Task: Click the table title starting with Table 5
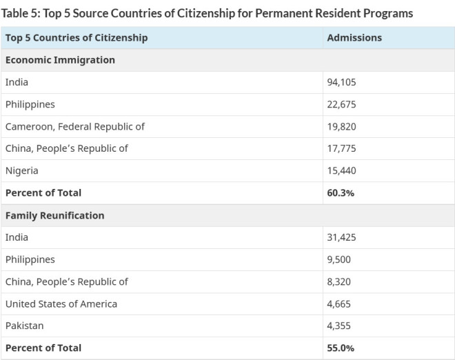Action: pyautogui.click(x=207, y=13)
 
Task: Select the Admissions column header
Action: pyautogui.click(x=354, y=38)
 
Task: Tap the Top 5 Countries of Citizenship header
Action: pyautogui.click(x=77, y=38)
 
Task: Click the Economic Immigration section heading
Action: pyautogui.click(x=60, y=60)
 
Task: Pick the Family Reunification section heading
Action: pyautogui.click(x=55, y=215)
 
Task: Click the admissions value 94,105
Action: pyautogui.click(x=341, y=82)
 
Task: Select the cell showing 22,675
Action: pyautogui.click(x=341, y=104)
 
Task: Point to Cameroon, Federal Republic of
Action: pyautogui.click(x=75, y=126)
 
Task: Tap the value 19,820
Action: pyautogui.click(x=341, y=126)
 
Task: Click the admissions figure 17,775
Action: pyautogui.click(x=341, y=148)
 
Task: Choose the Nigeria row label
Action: pyautogui.click(x=22, y=170)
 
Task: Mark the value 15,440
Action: pyautogui.click(x=341, y=170)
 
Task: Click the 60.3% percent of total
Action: pyautogui.click(x=341, y=192)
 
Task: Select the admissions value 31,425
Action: pyautogui.click(x=341, y=237)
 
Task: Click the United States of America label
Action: pyautogui.click(x=61, y=303)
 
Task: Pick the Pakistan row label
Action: pyautogui.click(x=24, y=326)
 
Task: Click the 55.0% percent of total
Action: pyautogui.click(x=341, y=348)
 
